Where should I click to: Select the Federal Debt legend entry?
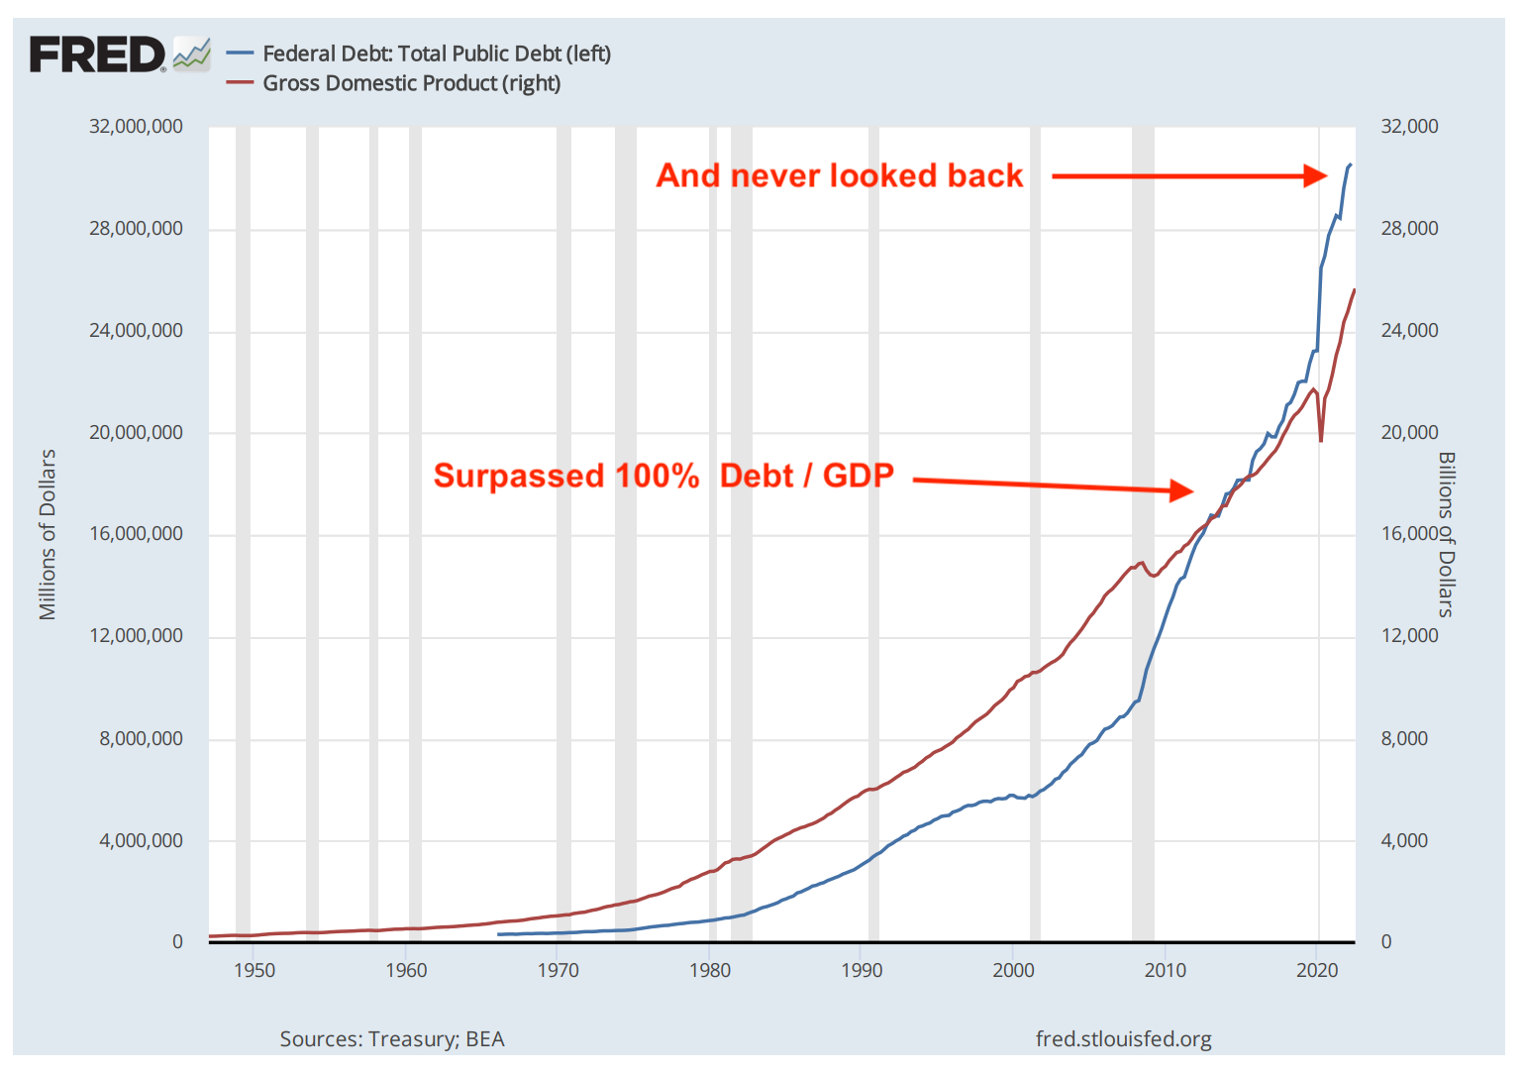(x=436, y=54)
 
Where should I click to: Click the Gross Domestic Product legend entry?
(x=411, y=83)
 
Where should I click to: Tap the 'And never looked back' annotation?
(x=839, y=175)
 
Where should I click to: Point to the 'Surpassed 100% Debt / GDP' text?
(x=663, y=476)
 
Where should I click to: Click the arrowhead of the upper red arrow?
(x=1316, y=175)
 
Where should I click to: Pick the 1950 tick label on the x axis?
(x=254, y=970)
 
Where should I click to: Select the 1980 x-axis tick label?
(x=710, y=970)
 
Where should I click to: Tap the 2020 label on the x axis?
(x=1317, y=970)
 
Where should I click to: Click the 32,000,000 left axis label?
(x=136, y=126)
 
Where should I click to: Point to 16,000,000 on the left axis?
(x=136, y=534)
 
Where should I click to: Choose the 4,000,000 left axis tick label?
(x=141, y=840)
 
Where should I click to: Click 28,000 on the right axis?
(x=1409, y=228)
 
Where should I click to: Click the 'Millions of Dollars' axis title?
(x=48, y=534)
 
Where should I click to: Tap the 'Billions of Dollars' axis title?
(x=1447, y=534)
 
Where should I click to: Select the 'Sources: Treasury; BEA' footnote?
(x=392, y=1038)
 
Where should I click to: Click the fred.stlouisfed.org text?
(x=1123, y=1038)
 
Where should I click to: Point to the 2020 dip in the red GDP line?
(x=1321, y=440)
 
